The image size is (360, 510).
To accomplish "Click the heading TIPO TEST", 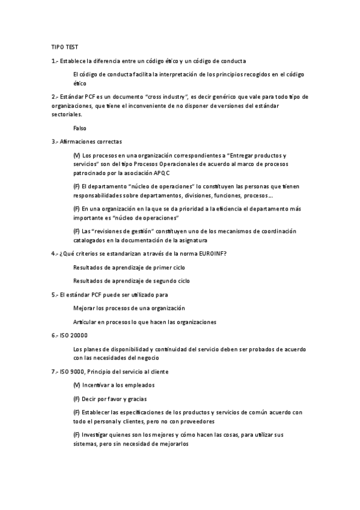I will coord(64,46).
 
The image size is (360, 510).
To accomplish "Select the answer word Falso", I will coord(80,128).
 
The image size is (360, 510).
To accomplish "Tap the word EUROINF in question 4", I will coord(209,253).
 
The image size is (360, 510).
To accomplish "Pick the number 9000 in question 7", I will coord(78,372).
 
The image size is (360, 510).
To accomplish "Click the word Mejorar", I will coord(84,308).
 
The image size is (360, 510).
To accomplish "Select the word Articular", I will coord(85,322).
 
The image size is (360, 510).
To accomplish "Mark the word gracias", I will coord(136,399).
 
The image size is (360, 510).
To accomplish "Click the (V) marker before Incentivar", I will coord(76,385).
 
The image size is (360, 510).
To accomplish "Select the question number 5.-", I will coord(55,295).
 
